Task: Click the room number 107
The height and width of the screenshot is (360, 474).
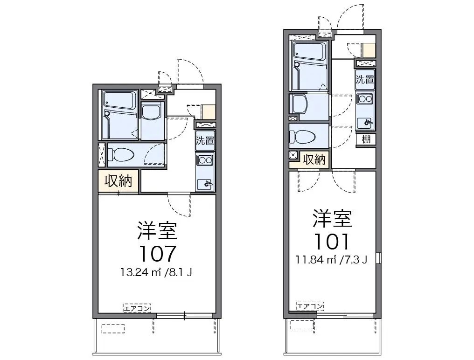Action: (x=158, y=253)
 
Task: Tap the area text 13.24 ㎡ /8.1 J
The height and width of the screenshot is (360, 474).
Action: (x=156, y=272)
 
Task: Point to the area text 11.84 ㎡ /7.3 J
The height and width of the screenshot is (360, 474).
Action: (x=332, y=259)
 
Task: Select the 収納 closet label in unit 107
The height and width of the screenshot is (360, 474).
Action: (x=118, y=181)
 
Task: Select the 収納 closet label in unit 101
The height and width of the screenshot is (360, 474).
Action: (x=314, y=159)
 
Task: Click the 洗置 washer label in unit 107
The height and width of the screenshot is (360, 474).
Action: (x=205, y=140)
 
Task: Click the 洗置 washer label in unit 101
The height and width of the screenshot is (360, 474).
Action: (x=364, y=79)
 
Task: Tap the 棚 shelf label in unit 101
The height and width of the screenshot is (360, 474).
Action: (x=366, y=139)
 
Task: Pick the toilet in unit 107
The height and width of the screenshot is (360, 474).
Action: (x=121, y=155)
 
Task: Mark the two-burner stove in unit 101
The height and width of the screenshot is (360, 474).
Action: (x=365, y=99)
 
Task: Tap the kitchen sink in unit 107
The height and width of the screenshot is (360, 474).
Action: (x=205, y=184)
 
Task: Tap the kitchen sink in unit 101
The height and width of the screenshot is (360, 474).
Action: (x=365, y=123)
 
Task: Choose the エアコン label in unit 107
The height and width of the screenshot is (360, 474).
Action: (x=137, y=308)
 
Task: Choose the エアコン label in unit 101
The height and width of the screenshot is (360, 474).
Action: (x=310, y=306)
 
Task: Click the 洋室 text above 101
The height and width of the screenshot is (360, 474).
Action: (x=332, y=218)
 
